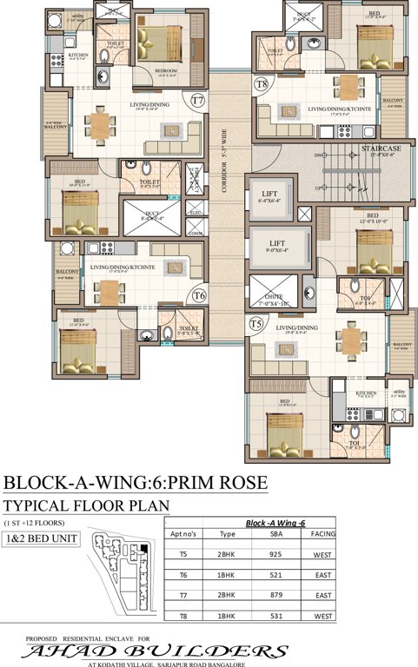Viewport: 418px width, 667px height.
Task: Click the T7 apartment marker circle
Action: click(198, 101)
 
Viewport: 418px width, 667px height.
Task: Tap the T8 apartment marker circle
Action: click(262, 84)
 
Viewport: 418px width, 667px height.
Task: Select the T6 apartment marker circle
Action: click(198, 295)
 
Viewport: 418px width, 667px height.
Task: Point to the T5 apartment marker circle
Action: click(255, 323)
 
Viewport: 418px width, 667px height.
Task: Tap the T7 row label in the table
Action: click(183, 596)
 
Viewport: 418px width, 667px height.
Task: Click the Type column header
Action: click(229, 535)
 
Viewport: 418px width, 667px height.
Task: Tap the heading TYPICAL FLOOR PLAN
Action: click(85, 505)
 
